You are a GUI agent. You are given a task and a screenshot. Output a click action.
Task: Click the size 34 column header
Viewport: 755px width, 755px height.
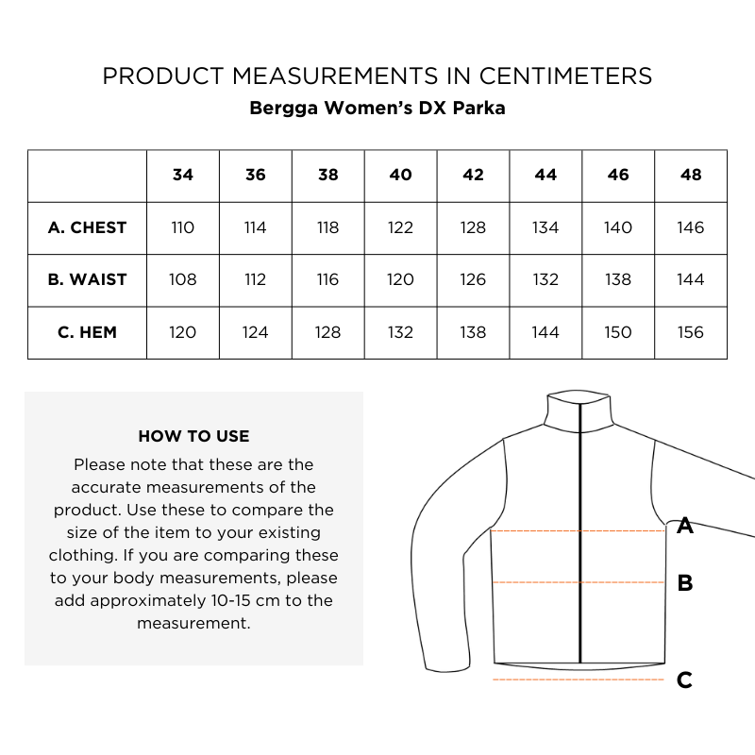tap(183, 176)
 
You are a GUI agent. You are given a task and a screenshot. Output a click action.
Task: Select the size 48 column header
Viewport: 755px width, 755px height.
tap(691, 176)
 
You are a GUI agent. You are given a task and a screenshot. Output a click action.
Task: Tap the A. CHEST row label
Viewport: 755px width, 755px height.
tap(87, 227)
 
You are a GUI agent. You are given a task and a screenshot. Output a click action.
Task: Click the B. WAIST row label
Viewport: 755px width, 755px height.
tap(87, 280)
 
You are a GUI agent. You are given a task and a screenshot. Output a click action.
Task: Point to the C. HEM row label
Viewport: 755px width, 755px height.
tap(87, 332)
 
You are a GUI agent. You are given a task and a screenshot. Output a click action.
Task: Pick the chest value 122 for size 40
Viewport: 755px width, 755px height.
tap(401, 227)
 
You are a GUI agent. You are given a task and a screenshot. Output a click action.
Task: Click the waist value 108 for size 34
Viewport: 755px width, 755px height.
tap(183, 280)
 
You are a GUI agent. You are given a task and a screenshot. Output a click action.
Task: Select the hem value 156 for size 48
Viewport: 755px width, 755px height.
tap(691, 332)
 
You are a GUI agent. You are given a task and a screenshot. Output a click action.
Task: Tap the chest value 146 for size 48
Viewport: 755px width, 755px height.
tap(691, 227)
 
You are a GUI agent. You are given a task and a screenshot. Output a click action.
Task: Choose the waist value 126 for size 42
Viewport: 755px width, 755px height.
tap(474, 280)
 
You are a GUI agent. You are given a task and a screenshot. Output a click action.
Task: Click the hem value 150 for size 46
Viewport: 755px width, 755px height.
tap(618, 332)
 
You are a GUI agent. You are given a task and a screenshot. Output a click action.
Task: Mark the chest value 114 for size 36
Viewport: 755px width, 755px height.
tap(256, 227)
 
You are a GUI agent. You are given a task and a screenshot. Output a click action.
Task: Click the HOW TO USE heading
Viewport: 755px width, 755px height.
tap(193, 436)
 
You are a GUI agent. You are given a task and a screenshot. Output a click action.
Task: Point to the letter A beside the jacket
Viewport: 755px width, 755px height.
tap(685, 527)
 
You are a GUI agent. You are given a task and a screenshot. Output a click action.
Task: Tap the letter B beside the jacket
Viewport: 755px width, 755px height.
tap(685, 583)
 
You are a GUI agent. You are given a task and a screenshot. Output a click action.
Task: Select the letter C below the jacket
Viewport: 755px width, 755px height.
tap(685, 679)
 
